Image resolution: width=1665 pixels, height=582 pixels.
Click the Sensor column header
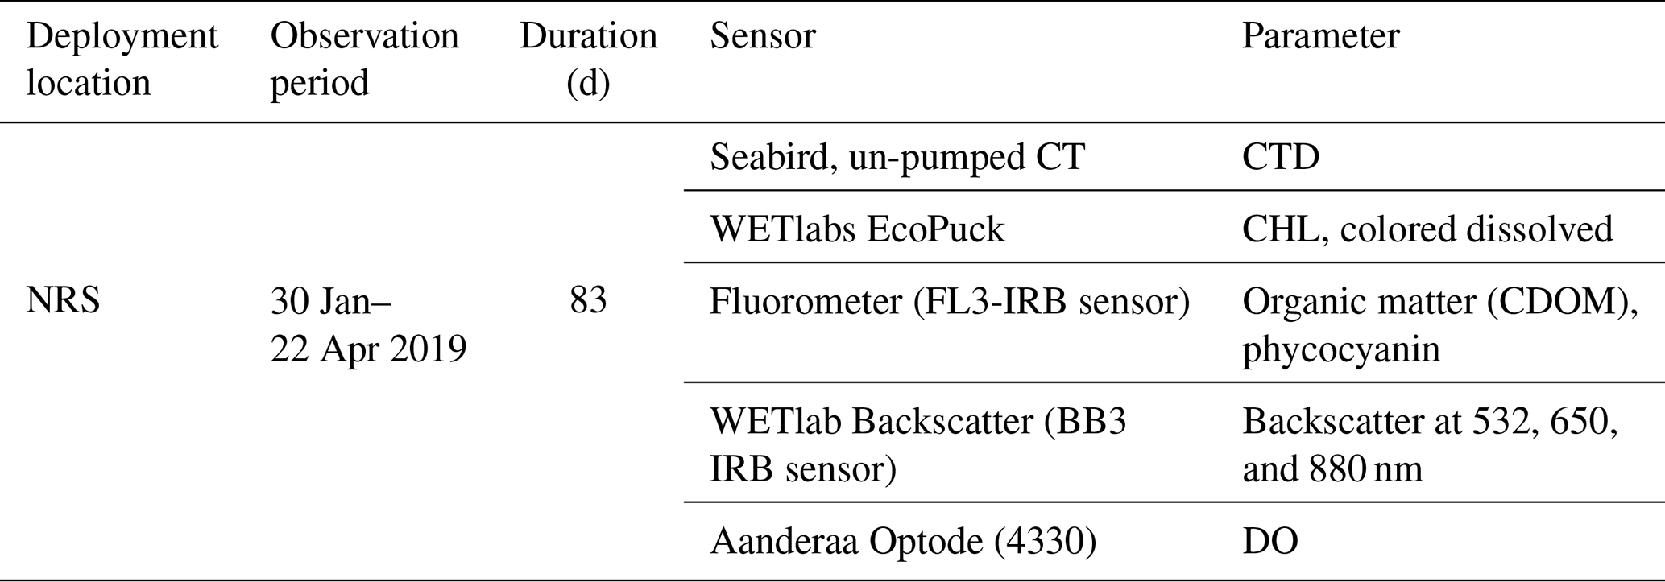[x=762, y=37]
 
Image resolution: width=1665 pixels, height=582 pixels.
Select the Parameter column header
[x=1320, y=37]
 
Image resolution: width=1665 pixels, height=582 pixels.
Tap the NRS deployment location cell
[x=63, y=301]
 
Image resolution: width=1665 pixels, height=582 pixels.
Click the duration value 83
[x=588, y=301]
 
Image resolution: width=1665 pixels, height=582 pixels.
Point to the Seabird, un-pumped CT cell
[x=897, y=157]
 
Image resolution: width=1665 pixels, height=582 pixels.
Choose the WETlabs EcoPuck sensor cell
[x=856, y=229]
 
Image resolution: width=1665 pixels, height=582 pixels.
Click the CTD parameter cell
[x=1281, y=157]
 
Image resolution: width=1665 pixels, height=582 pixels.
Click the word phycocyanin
[x=1340, y=349]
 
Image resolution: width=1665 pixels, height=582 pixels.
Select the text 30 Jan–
[x=330, y=302]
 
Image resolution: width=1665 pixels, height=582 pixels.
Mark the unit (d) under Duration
[x=588, y=84]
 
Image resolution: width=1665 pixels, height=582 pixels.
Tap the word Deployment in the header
[x=122, y=37]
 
